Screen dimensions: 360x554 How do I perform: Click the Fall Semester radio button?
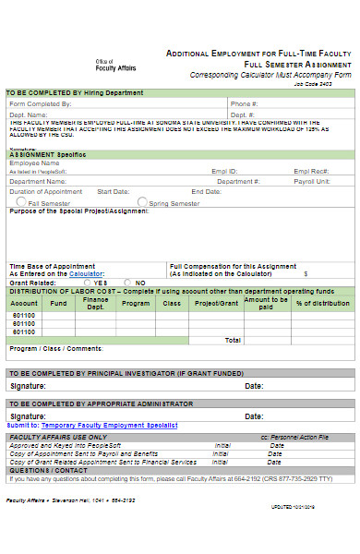21,201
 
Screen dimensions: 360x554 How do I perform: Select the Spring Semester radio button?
142,201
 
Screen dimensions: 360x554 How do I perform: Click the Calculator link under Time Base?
87,274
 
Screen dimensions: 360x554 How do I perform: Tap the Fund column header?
59,303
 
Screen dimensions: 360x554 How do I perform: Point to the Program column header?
135,303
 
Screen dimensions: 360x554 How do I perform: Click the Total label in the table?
233,339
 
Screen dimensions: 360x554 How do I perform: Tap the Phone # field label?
244,105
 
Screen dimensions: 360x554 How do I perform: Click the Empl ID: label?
224,172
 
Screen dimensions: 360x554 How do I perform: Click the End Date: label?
207,191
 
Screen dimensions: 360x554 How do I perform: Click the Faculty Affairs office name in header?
115,67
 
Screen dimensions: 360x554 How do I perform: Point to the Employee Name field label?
36,163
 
